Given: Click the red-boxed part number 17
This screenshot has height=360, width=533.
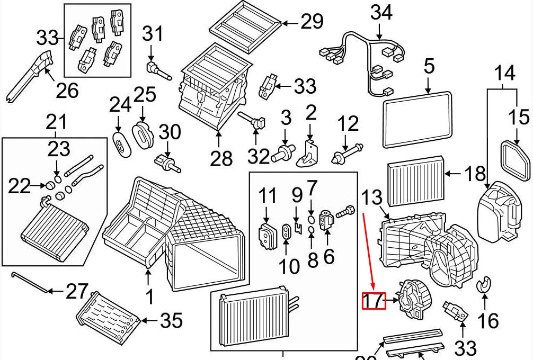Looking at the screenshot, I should [374, 301].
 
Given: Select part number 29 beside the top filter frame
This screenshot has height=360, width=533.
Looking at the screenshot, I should [312, 22].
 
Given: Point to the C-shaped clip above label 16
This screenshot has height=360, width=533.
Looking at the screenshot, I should [484, 285].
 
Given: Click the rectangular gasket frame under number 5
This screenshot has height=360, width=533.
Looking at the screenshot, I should [417, 119].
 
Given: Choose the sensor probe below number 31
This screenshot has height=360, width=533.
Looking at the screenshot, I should [158, 70].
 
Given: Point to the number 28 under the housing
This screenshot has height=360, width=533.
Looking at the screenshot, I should [220, 157].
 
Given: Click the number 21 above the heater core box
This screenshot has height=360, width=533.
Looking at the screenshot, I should [56, 123].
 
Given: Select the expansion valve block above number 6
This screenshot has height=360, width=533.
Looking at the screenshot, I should [326, 218].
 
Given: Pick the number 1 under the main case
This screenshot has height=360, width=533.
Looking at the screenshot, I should [149, 296].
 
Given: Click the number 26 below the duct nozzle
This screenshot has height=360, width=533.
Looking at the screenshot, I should [67, 90].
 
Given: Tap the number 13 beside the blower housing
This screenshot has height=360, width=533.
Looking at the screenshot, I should [372, 199].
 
